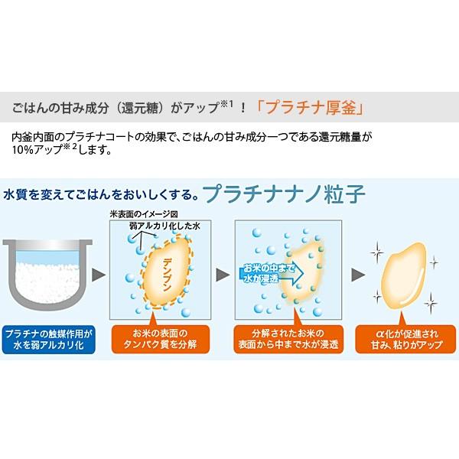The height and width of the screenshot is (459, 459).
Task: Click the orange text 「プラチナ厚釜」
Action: [311, 108]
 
